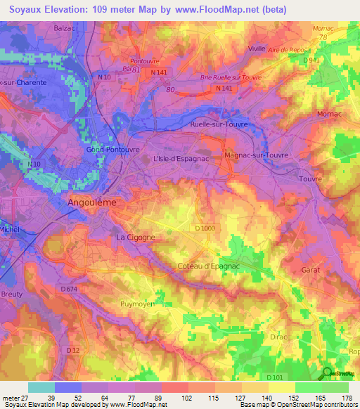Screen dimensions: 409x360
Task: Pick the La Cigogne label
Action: pyautogui.click(x=135, y=238)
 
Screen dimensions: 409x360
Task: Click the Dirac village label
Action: pyautogui.click(x=280, y=338)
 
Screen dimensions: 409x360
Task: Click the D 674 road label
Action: pyautogui.click(x=68, y=289)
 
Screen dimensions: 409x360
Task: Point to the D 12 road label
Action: pyautogui.click(x=72, y=349)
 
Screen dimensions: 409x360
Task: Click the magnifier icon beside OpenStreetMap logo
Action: pyautogui.click(x=327, y=373)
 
